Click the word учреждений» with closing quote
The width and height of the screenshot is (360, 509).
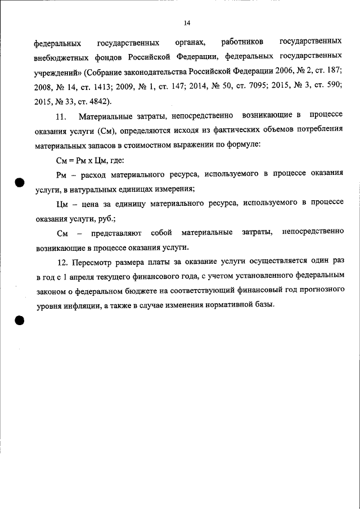pyautogui.click(x=57, y=72)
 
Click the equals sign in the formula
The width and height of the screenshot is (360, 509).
pyautogui.click(x=71, y=160)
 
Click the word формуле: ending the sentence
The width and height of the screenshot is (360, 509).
pyautogui.click(x=245, y=145)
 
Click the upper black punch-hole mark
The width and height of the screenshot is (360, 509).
pyautogui.click(x=19, y=183)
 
